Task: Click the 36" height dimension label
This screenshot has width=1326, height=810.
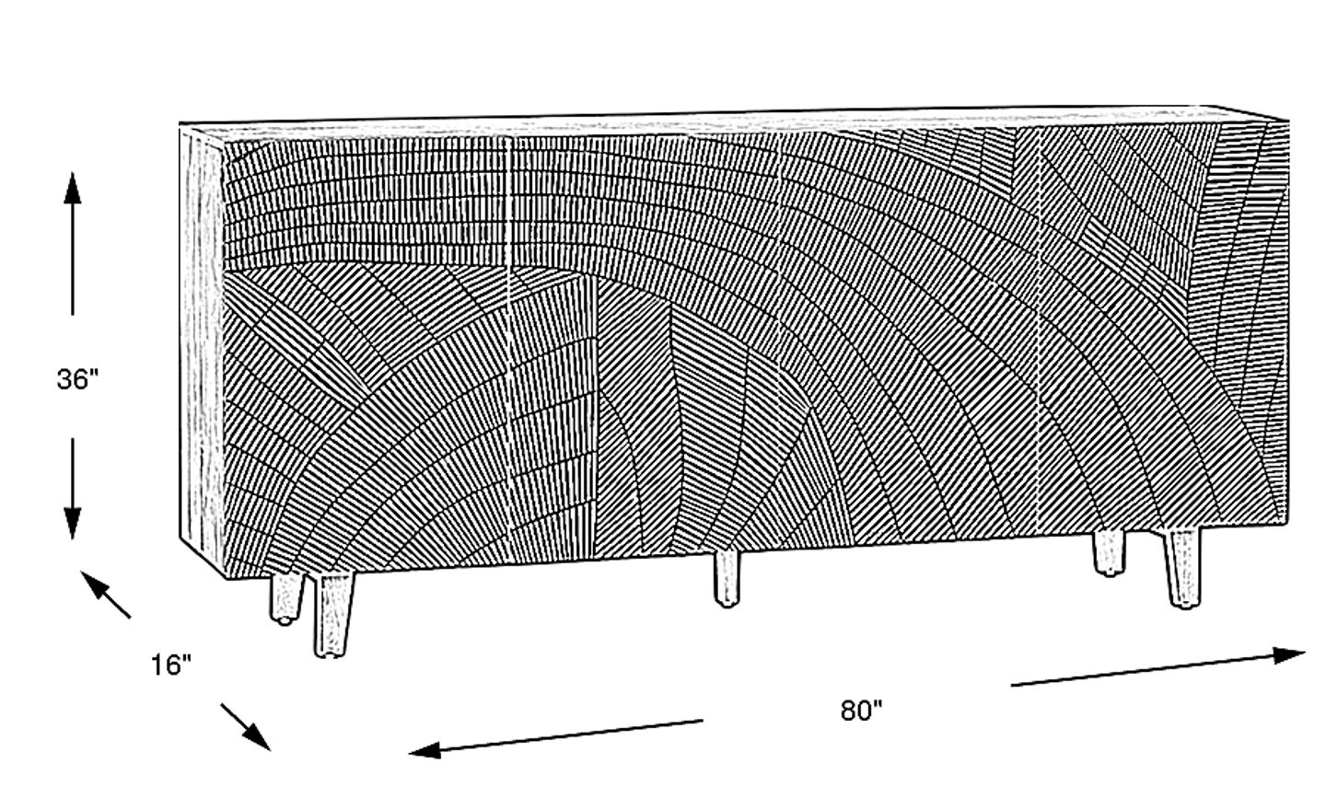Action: pyautogui.click(x=77, y=379)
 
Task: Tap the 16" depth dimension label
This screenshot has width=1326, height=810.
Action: pyautogui.click(x=171, y=664)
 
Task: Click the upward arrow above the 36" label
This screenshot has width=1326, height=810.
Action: pyautogui.click(x=73, y=244)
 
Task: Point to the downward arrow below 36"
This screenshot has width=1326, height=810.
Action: pyautogui.click(x=73, y=488)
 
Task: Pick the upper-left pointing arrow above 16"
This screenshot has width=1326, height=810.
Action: pyautogui.click(x=106, y=594)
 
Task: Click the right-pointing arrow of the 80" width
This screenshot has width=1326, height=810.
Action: pyautogui.click(x=1160, y=669)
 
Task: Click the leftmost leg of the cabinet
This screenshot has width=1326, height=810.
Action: pyautogui.click(x=284, y=598)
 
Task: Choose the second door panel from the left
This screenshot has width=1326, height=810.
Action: pyautogui.click(x=645, y=350)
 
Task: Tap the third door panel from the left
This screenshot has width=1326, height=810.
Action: pyautogui.click(x=907, y=341)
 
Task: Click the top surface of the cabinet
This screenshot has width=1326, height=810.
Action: pyautogui.click(x=737, y=120)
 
